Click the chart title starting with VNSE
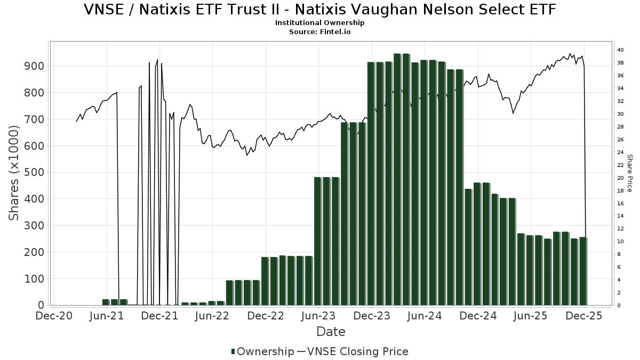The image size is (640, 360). click(x=320, y=10)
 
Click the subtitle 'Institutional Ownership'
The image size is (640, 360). click(x=320, y=23)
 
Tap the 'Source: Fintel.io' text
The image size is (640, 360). click(x=320, y=32)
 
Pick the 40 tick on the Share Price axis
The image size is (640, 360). click(x=620, y=50)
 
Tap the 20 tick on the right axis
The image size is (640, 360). click(x=620, y=178)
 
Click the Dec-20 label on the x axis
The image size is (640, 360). click(x=54, y=316)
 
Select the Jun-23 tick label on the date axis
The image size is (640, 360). click(x=318, y=316)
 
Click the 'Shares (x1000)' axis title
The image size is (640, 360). click(x=14, y=172)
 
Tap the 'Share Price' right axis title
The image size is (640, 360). click(x=629, y=173)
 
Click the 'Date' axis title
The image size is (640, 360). click(x=331, y=332)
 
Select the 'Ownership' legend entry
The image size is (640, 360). click(x=265, y=351)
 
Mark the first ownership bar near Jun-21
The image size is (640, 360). click(x=106, y=302)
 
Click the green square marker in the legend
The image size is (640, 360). click(x=233, y=351)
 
